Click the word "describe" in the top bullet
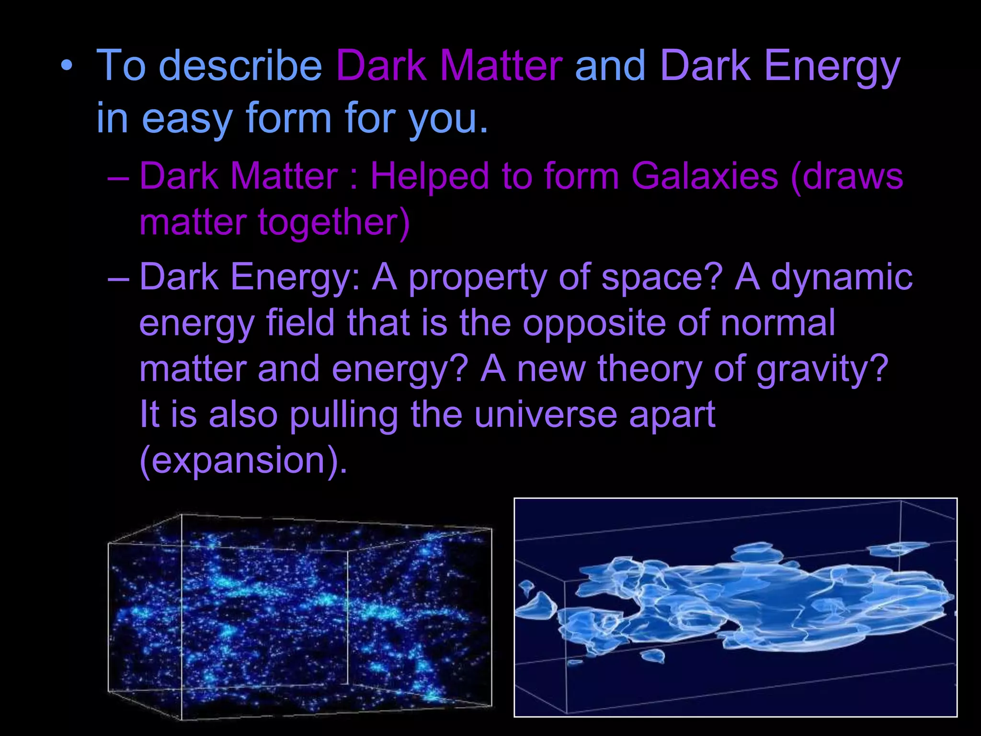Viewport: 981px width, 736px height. (240, 66)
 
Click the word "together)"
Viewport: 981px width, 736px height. (334, 223)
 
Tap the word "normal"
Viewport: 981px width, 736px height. (778, 323)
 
